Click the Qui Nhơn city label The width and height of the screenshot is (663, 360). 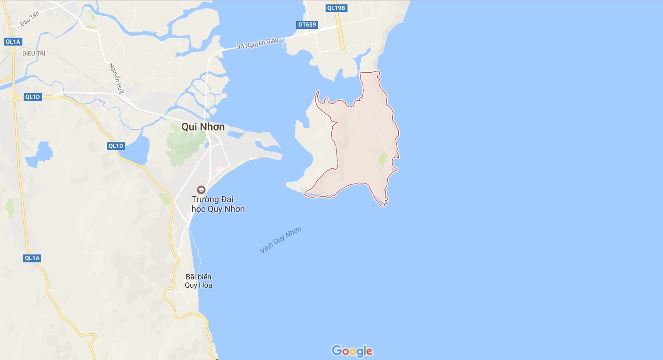tap(203, 127)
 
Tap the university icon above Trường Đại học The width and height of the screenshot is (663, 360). tap(201, 190)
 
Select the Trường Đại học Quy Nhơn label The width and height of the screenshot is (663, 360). tap(218, 204)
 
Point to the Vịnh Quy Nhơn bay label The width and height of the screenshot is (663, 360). tap(280, 240)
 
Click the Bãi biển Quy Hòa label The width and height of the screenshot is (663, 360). tap(199, 281)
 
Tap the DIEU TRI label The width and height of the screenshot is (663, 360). tap(34, 53)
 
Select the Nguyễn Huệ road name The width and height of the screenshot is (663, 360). tap(116, 78)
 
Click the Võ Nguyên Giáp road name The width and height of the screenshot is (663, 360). tap(257, 43)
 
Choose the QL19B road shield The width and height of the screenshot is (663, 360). tap(336, 8)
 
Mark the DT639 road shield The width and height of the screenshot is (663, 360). tap(307, 25)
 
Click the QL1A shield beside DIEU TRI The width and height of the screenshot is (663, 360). tap(13, 42)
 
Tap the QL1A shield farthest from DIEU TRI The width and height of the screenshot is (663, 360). tap(32, 258)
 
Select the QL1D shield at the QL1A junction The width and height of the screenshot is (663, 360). tap(32, 97)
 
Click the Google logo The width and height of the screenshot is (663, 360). tap(352, 351)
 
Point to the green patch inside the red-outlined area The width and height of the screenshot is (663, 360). tap(383, 159)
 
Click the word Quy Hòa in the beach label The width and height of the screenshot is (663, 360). tap(199, 285)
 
